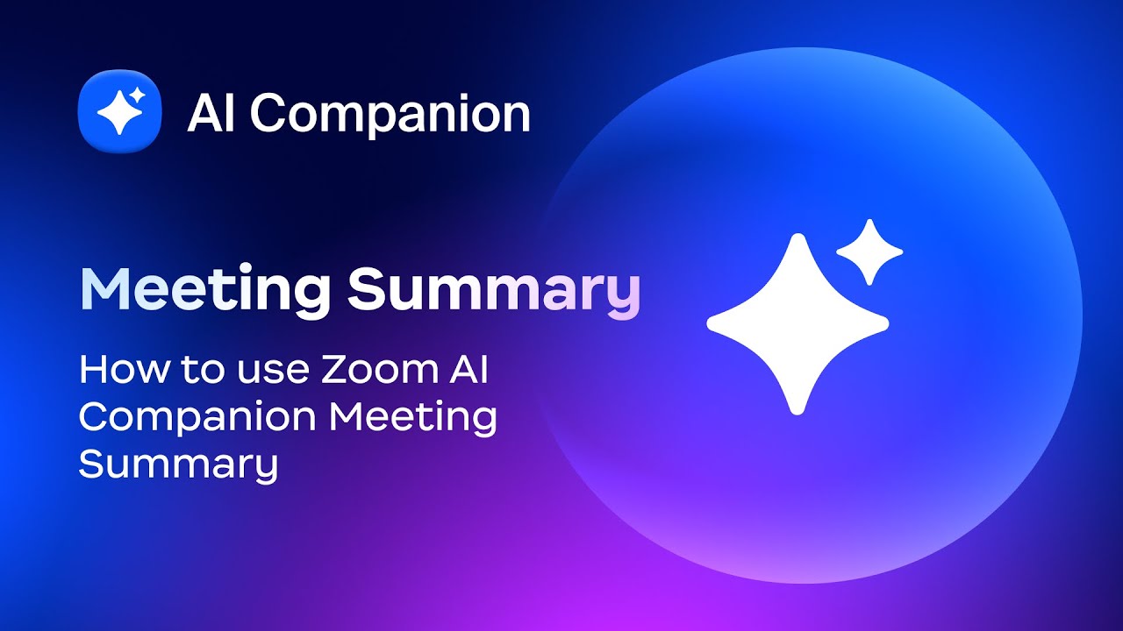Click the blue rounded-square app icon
click(x=120, y=111)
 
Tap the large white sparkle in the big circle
click(x=798, y=323)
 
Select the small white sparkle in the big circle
click(x=869, y=252)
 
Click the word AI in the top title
click(x=211, y=113)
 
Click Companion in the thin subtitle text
click(x=198, y=419)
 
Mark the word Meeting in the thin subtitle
click(x=412, y=419)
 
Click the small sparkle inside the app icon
click(x=137, y=95)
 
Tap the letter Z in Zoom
click(x=334, y=370)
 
